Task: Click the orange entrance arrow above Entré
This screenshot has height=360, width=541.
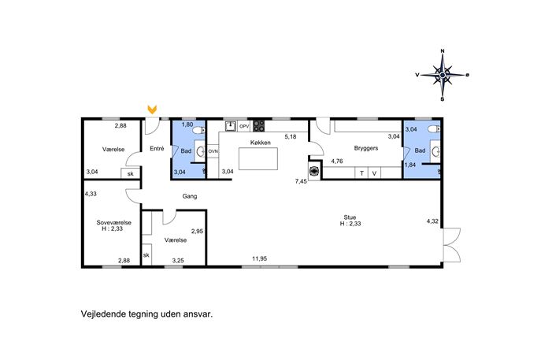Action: (x=152, y=109)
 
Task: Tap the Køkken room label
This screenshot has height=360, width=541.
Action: (x=261, y=143)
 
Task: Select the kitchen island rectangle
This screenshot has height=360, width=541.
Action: (x=258, y=159)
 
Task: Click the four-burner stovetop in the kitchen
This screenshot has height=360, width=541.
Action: (x=259, y=126)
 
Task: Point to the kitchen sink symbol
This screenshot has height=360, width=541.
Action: (x=231, y=126)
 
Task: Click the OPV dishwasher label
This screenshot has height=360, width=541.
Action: (x=244, y=126)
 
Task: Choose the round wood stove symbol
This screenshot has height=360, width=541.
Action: (x=315, y=171)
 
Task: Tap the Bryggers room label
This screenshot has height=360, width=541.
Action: (x=366, y=148)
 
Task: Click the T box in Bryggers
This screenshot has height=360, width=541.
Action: (x=361, y=173)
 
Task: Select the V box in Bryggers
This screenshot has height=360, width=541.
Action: (x=374, y=173)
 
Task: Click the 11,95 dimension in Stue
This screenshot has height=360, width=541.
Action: (x=259, y=258)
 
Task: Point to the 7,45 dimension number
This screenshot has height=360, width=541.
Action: (x=301, y=181)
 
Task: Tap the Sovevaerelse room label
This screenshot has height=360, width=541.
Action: (x=114, y=223)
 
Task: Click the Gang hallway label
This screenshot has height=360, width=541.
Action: (x=190, y=196)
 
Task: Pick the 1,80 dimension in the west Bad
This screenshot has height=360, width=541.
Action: (x=187, y=124)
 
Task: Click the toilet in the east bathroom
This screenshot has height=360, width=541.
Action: (x=434, y=129)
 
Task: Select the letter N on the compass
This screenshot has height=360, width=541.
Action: (x=443, y=51)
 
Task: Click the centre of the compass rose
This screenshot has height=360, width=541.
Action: (x=443, y=75)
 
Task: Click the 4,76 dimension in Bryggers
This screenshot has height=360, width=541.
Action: (x=337, y=161)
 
